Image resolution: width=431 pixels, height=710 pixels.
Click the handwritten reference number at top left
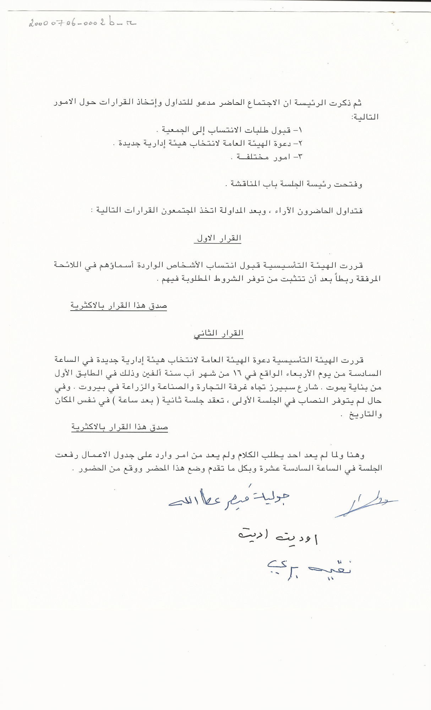(82, 23)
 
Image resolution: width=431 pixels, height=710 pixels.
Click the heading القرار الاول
(218, 239)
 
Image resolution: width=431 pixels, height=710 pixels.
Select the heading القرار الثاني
(218, 334)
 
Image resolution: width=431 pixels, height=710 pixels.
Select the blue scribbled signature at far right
(366, 504)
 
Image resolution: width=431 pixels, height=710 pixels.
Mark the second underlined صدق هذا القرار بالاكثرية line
(120, 427)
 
